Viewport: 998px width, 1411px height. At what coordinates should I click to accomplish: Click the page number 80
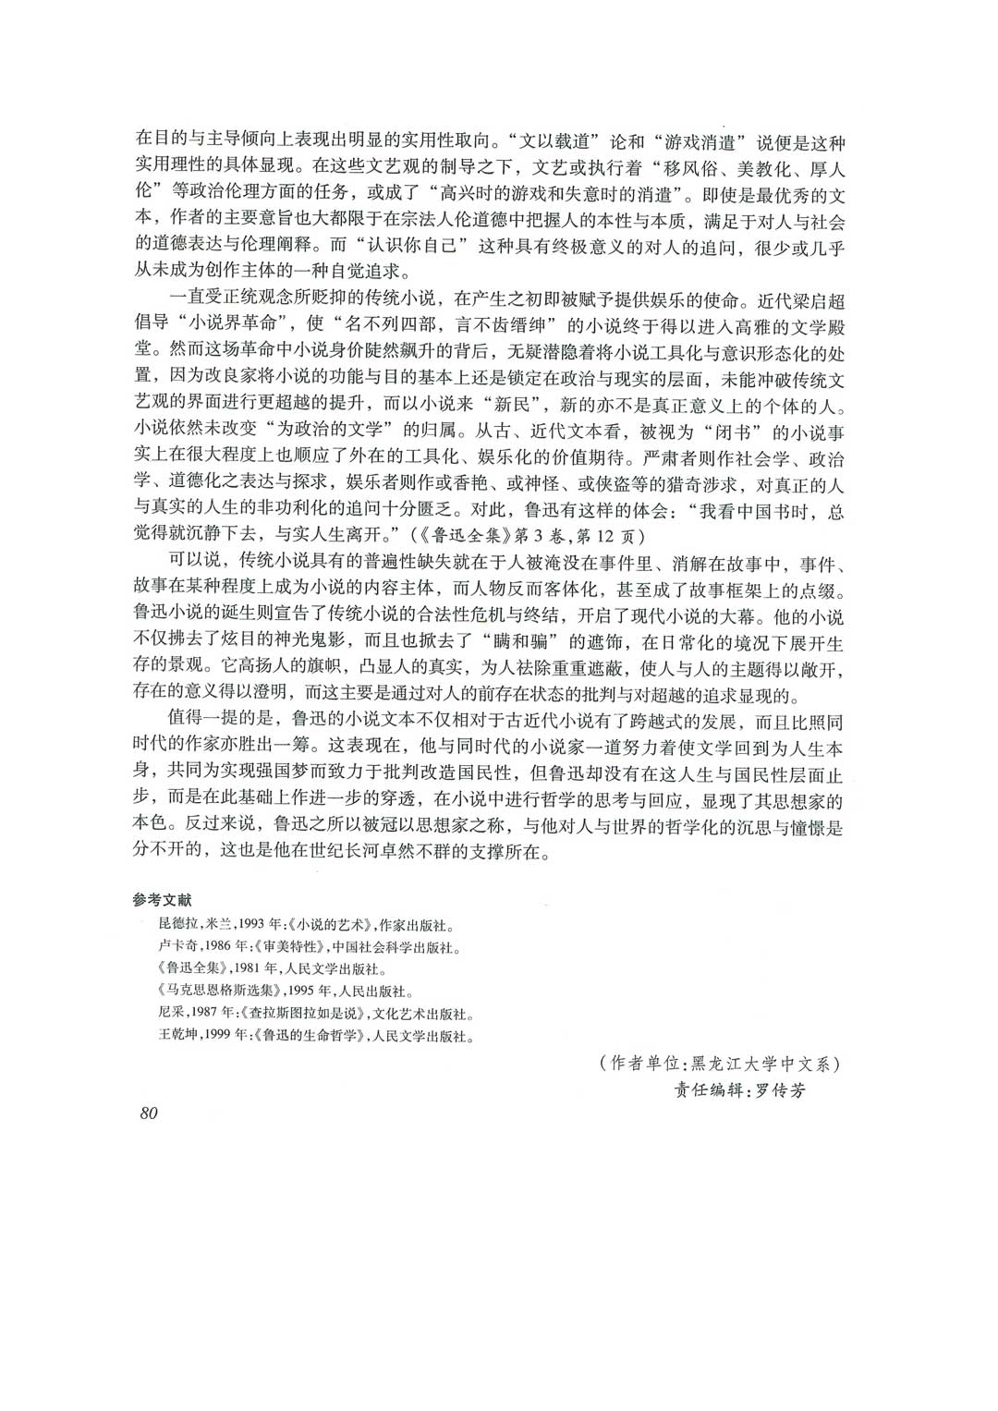point(149,1113)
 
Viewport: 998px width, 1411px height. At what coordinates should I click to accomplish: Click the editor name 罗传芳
point(780,1090)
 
